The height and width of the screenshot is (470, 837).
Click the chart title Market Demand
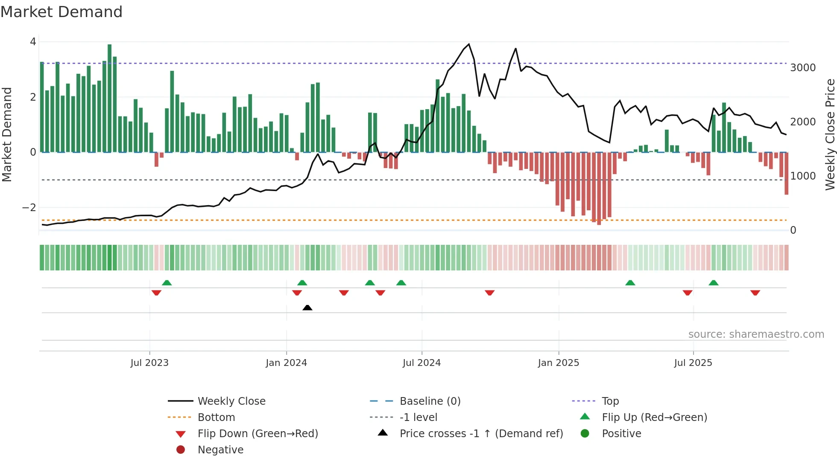pos(61,12)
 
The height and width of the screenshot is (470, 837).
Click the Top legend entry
pos(610,401)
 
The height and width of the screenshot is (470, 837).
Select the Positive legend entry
pos(621,433)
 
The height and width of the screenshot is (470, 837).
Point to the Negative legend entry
pos(220,450)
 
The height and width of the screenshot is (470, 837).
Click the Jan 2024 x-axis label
pos(286,363)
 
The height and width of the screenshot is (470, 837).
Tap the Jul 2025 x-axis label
pos(693,363)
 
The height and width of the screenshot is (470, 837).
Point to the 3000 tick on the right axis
pos(803,68)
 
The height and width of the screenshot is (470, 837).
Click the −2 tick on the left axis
pos(29,208)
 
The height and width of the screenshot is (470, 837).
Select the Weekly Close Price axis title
pos(830,134)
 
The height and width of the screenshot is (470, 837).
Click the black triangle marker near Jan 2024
pos(307,308)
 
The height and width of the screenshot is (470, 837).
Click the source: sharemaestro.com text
pos(756,334)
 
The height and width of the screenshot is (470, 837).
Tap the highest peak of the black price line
pos(469,44)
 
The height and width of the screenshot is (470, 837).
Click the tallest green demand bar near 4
pos(110,98)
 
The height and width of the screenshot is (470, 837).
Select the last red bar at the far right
pos(786,173)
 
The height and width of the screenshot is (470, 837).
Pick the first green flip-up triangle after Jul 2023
pos(167,283)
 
